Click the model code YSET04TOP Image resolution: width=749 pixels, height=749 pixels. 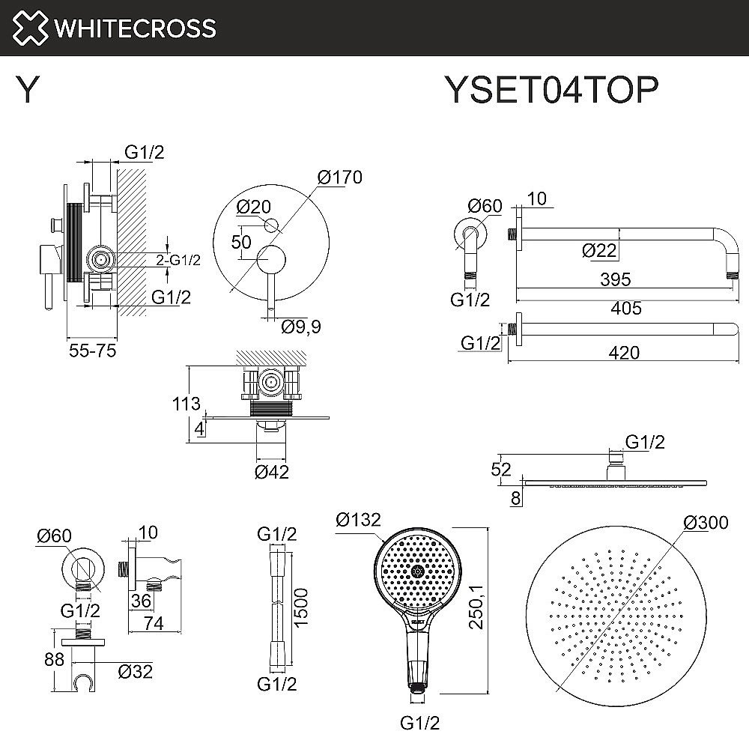[x=552, y=91]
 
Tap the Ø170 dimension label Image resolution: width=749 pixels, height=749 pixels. [x=339, y=178]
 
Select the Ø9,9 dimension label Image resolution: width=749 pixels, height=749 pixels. [x=301, y=327]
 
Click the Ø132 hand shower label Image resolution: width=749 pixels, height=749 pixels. [x=359, y=519]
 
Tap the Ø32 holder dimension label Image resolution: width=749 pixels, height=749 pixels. [x=136, y=672]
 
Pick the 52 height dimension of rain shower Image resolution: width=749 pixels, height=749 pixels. [x=501, y=470]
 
